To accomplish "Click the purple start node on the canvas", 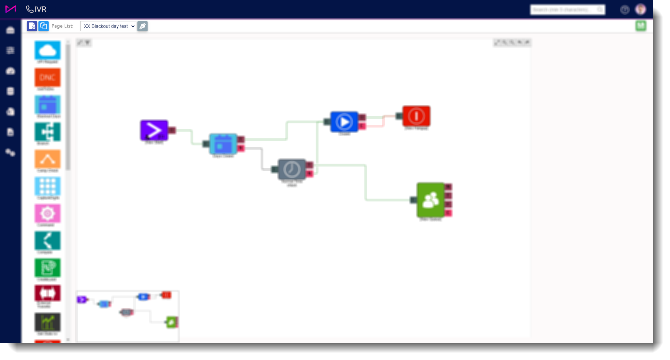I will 154,130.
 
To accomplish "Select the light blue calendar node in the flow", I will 223,144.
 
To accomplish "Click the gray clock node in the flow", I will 291,169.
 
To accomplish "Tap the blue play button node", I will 344,122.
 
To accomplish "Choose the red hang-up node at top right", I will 416,116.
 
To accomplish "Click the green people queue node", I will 431,200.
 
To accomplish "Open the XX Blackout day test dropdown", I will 108,26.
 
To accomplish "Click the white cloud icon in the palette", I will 48,51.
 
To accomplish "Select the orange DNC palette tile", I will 48,78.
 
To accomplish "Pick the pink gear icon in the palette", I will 48,213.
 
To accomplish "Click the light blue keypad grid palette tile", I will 48,186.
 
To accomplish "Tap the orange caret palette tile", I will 48,159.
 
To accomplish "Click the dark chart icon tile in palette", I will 48,322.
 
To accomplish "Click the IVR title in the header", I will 36,9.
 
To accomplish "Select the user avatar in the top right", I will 640,10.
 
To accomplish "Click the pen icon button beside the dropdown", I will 143,26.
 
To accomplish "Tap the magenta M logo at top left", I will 11,9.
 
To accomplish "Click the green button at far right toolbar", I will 641,26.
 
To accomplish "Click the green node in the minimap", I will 171,322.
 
